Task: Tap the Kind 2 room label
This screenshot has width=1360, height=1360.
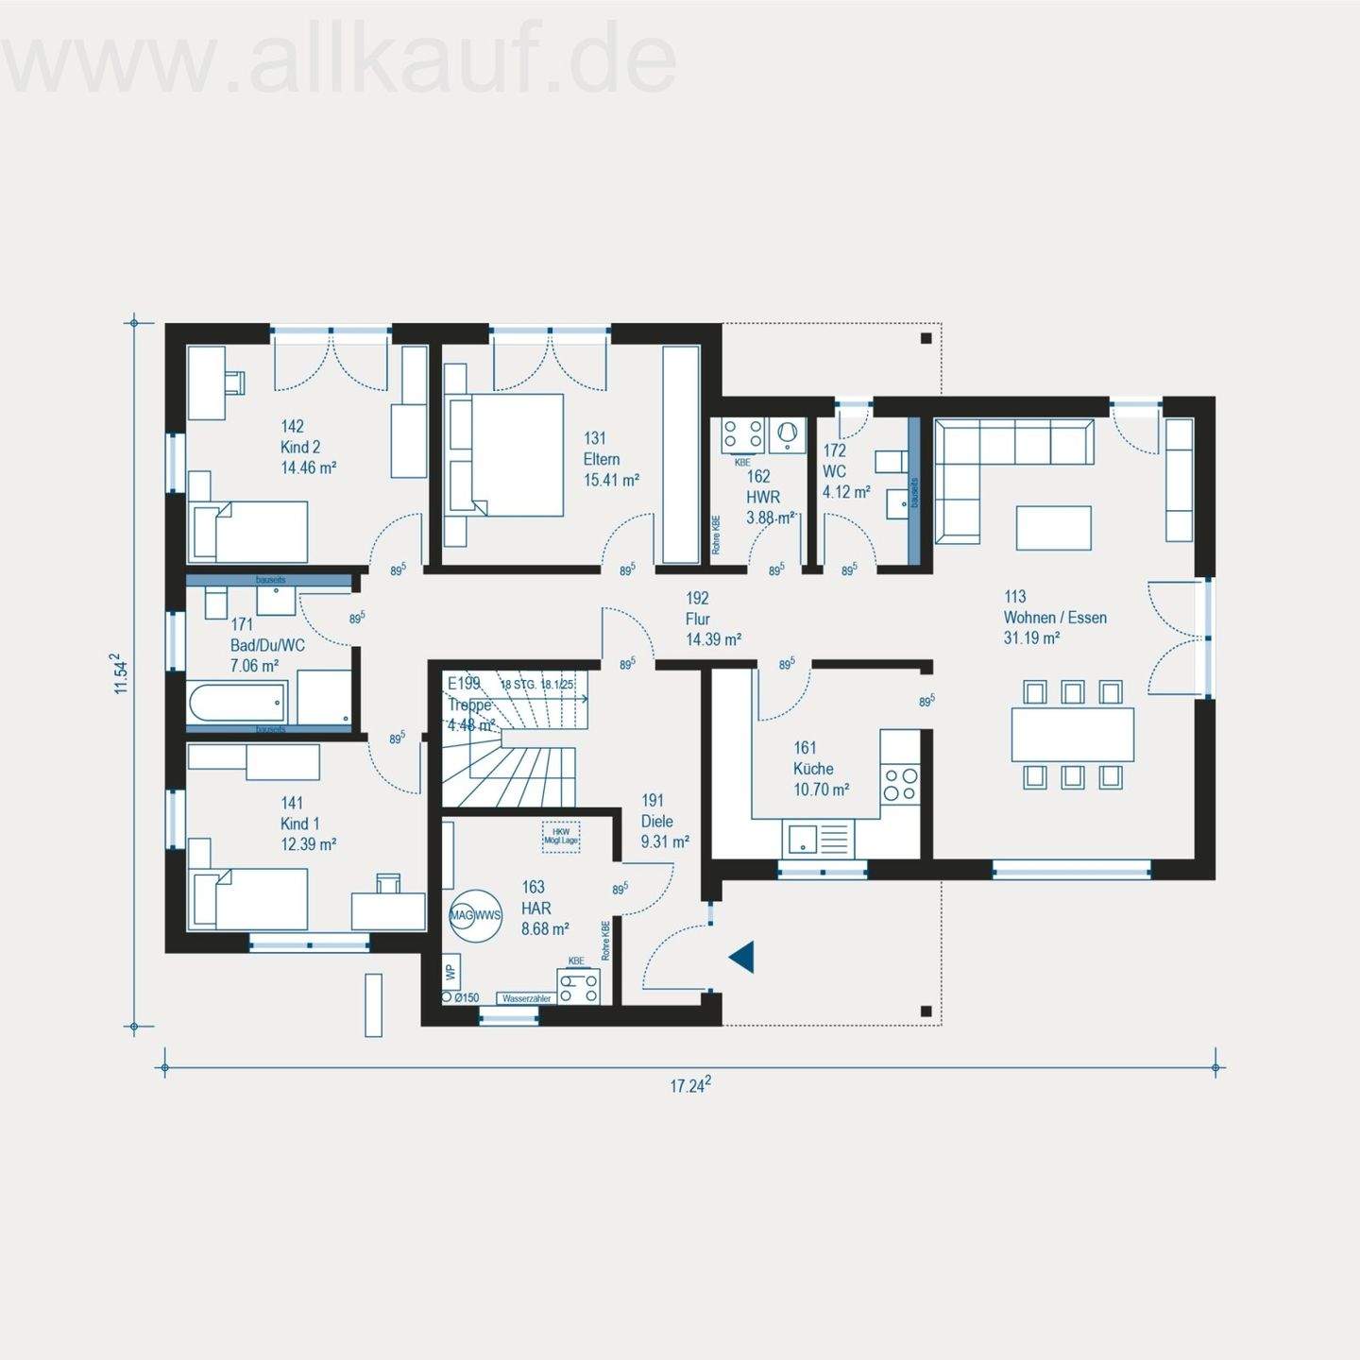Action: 300,447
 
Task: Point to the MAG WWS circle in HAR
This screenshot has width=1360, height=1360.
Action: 475,915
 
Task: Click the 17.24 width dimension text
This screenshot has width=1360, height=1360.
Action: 690,1085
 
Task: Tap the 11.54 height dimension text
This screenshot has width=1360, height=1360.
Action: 119,674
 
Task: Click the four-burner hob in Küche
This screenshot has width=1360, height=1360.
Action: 900,784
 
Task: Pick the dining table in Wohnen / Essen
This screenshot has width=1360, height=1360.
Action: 1072,734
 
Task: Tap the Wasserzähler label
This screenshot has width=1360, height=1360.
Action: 527,997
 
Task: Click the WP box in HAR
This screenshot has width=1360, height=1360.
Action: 450,970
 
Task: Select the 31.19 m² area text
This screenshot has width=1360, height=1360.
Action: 1031,638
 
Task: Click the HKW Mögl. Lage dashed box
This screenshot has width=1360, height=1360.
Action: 561,836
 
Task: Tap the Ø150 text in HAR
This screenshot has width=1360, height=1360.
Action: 467,997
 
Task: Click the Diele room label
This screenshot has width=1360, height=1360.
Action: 656,821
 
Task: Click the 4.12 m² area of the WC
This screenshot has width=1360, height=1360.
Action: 846,492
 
